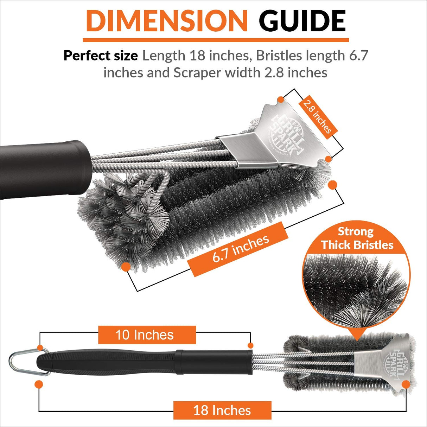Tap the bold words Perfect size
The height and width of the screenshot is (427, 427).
101,56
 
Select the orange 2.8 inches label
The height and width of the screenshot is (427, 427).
318,115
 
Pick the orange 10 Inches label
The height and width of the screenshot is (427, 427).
147,335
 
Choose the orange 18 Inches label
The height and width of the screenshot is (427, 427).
222,410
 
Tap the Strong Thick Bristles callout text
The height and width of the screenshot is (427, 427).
357,238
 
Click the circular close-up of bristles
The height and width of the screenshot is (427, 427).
356,288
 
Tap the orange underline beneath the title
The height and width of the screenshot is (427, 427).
216,40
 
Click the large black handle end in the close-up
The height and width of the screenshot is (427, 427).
42,169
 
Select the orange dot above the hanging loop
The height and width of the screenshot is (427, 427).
40,348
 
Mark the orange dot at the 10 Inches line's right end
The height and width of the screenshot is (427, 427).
250,345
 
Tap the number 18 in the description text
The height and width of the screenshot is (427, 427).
196,56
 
